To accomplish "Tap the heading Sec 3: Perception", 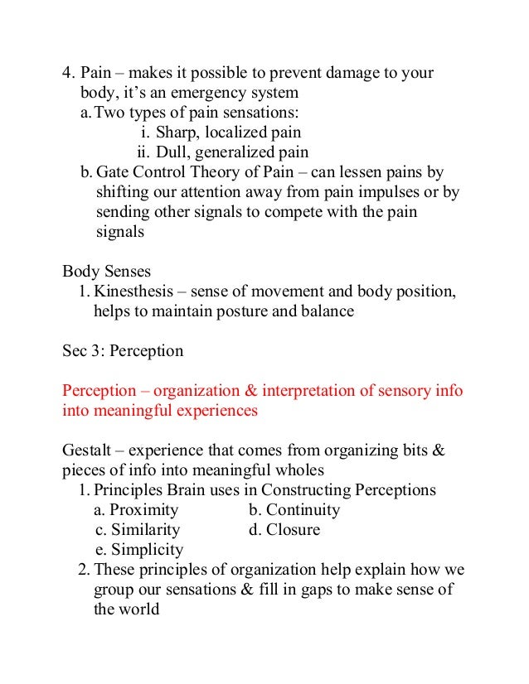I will [x=123, y=351].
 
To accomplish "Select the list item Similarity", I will [x=146, y=530].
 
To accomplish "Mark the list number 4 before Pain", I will [x=68, y=73].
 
